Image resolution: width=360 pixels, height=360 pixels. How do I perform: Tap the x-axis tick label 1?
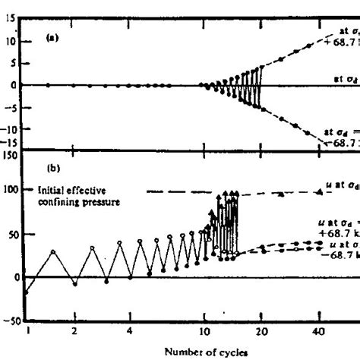click(x=27, y=331)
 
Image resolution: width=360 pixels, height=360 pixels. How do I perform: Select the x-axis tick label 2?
click(x=74, y=331)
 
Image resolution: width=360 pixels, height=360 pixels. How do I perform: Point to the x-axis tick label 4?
click(x=131, y=331)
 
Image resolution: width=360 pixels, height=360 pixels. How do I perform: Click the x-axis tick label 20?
click(x=261, y=331)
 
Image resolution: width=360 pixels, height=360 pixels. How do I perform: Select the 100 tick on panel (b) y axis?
click(x=9, y=189)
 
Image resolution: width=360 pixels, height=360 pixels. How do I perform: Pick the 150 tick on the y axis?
click(x=9, y=155)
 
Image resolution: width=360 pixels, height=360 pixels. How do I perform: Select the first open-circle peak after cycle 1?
click(x=52, y=251)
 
